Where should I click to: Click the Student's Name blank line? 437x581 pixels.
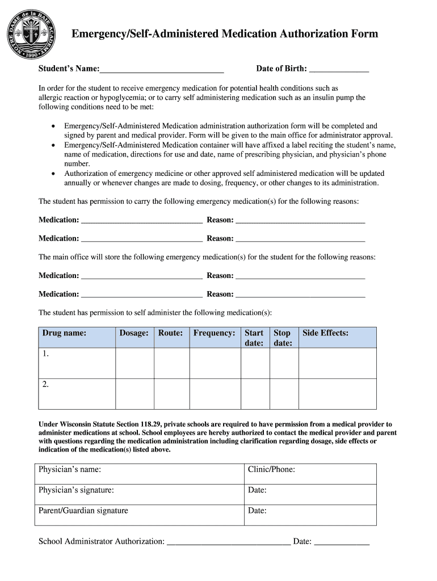[162, 71]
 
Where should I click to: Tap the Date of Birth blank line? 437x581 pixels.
[339, 71]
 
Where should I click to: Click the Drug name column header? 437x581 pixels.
[64, 333]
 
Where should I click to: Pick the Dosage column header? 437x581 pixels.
[134, 333]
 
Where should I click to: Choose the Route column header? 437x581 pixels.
[170, 333]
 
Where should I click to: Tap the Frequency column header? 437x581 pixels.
[214, 333]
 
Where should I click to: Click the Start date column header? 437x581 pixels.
[254, 338]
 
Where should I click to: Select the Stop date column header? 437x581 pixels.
[283, 338]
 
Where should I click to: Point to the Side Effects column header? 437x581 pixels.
[325, 333]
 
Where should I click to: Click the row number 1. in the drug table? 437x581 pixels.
[45, 354]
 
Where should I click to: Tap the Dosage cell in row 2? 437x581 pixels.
[135, 393]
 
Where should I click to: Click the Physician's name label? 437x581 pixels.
[70, 469]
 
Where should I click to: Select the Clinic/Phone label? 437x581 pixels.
[271, 469]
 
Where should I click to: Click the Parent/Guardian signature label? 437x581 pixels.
[83, 511]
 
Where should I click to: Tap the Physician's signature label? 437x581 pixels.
[76, 490]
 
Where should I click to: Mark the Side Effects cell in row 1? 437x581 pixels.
[337, 363]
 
